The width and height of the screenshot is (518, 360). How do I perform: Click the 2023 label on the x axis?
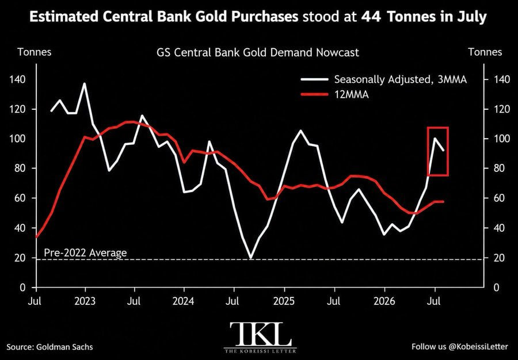85,301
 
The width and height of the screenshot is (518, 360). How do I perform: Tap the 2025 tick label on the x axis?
284,301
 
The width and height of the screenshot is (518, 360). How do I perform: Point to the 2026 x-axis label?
384,301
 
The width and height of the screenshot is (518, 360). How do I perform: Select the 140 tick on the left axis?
18,79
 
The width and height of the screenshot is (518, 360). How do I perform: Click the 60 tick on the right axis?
499,198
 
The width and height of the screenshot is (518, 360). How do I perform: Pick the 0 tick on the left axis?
22,288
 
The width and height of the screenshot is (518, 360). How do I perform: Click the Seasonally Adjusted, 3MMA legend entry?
383,79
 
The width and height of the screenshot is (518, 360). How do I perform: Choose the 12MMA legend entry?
334,95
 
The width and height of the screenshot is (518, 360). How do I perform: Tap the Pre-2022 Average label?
85,253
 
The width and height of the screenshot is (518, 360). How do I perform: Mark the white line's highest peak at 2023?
85,83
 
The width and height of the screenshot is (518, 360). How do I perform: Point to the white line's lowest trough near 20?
251,258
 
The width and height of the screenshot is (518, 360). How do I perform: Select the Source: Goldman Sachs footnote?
49,347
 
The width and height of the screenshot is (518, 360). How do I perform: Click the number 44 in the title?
371,17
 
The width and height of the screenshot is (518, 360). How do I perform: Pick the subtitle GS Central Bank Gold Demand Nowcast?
258,52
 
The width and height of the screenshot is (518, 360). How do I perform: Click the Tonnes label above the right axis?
485,52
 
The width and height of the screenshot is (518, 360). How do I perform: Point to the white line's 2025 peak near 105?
300,131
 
